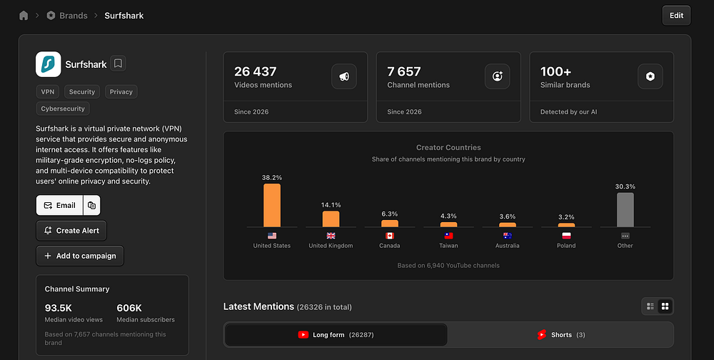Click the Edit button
tap(676, 16)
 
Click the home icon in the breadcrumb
tap(24, 16)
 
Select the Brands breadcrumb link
tap(74, 16)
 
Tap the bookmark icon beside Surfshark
tap(118, 64)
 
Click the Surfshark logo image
tap(49, 64)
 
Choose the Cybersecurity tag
tap(63, 109)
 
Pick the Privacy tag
tap(121, 91)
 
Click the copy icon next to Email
tap(91, 205)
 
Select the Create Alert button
tap(71, 231)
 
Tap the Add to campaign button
tap(80, 256)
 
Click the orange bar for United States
tap(272, 205)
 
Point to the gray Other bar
tap(625, 209)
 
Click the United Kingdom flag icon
tap(331, 236)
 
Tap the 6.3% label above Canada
tap(390, 214)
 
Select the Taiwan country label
tap(448, 246)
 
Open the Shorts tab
tap(561, 334)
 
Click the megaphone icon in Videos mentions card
tap(344, 76)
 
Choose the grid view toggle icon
tap(665, 306)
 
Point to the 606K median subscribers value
tap(129, 308)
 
